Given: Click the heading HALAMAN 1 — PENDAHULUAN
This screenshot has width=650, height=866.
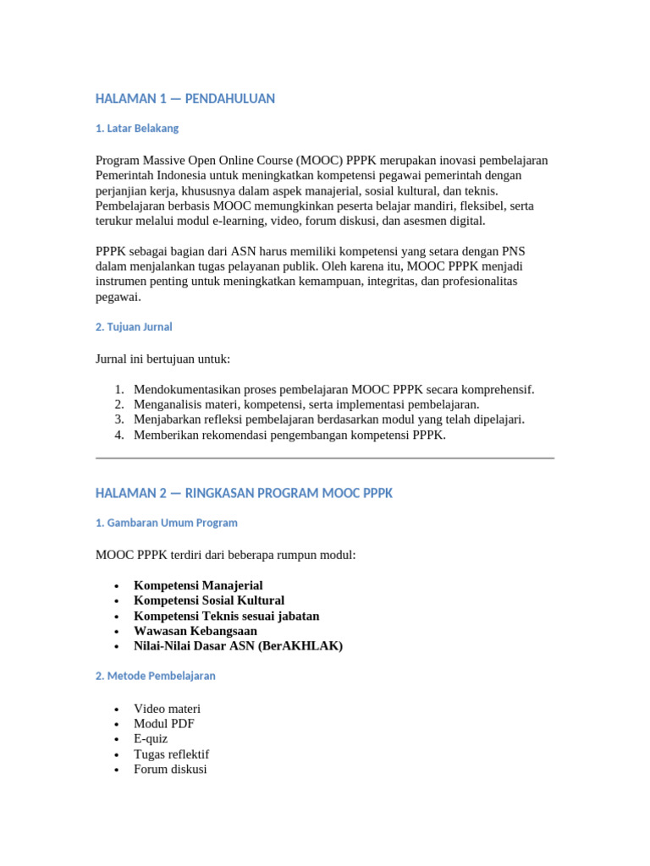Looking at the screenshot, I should (x=185, y=99).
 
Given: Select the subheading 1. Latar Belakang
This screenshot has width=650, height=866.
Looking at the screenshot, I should (x=137, y=129).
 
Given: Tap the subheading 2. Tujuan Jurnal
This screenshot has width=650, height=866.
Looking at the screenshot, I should (x=134, y=326).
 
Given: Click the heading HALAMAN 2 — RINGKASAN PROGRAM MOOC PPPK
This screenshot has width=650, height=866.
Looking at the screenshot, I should (x=244, y=493).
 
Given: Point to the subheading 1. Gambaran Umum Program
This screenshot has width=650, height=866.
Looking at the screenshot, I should (x=167, y=523).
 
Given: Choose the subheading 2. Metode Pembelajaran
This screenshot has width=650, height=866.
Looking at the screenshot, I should (x=156, y=676).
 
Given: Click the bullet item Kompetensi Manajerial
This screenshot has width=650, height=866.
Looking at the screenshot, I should (x=198, y=585).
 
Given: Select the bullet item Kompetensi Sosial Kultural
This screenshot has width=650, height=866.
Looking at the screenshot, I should (x=209, y=600).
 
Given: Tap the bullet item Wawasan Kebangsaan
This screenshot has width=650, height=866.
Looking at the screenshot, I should (x=196, y=631).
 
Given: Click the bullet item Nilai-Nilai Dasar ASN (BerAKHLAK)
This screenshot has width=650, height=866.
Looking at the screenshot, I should (x=238, y=646).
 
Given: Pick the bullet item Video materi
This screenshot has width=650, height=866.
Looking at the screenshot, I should (x=167, y=709).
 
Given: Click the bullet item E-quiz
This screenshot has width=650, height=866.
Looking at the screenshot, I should (x=151, y=739).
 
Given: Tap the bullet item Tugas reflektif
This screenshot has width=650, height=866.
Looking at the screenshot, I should (x=171, y=754).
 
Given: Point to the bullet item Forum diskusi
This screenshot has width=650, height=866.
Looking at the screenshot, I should (x=170, y=770).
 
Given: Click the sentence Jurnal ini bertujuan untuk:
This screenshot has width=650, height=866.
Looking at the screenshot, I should (x=163, y=359).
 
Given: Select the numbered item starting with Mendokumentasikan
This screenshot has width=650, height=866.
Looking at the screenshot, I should (x=333, y=390).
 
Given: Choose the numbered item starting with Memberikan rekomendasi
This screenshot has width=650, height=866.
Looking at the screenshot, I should (x=289, y=436).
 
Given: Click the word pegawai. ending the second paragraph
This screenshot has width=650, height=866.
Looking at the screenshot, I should (x=118, y=297).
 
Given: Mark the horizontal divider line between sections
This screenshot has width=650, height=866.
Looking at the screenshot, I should (x=325, y=458).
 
